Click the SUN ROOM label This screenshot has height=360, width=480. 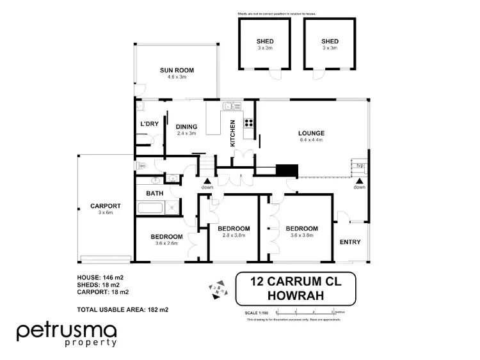click(x=176, y=70)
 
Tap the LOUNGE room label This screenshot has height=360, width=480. click(x=311, y=134)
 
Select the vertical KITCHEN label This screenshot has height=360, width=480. click(x=233, y=133)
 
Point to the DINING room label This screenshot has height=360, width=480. click(x=186, y=127)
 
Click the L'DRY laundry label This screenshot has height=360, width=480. click(x=149, y=124)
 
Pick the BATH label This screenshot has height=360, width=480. click(x=155, y=192)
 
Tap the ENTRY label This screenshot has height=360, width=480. click(x=349, y=242)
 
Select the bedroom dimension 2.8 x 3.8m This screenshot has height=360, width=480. click(x=234, y=235)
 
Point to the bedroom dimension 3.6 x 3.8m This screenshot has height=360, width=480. click(x=301, y=235)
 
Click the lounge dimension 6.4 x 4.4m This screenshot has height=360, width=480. click(x=311, y=141)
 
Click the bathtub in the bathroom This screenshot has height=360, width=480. click(x=148, y=207)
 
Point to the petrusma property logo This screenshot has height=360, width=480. click(x=67, y=334)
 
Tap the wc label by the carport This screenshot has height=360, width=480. click(x=141, y=165)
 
